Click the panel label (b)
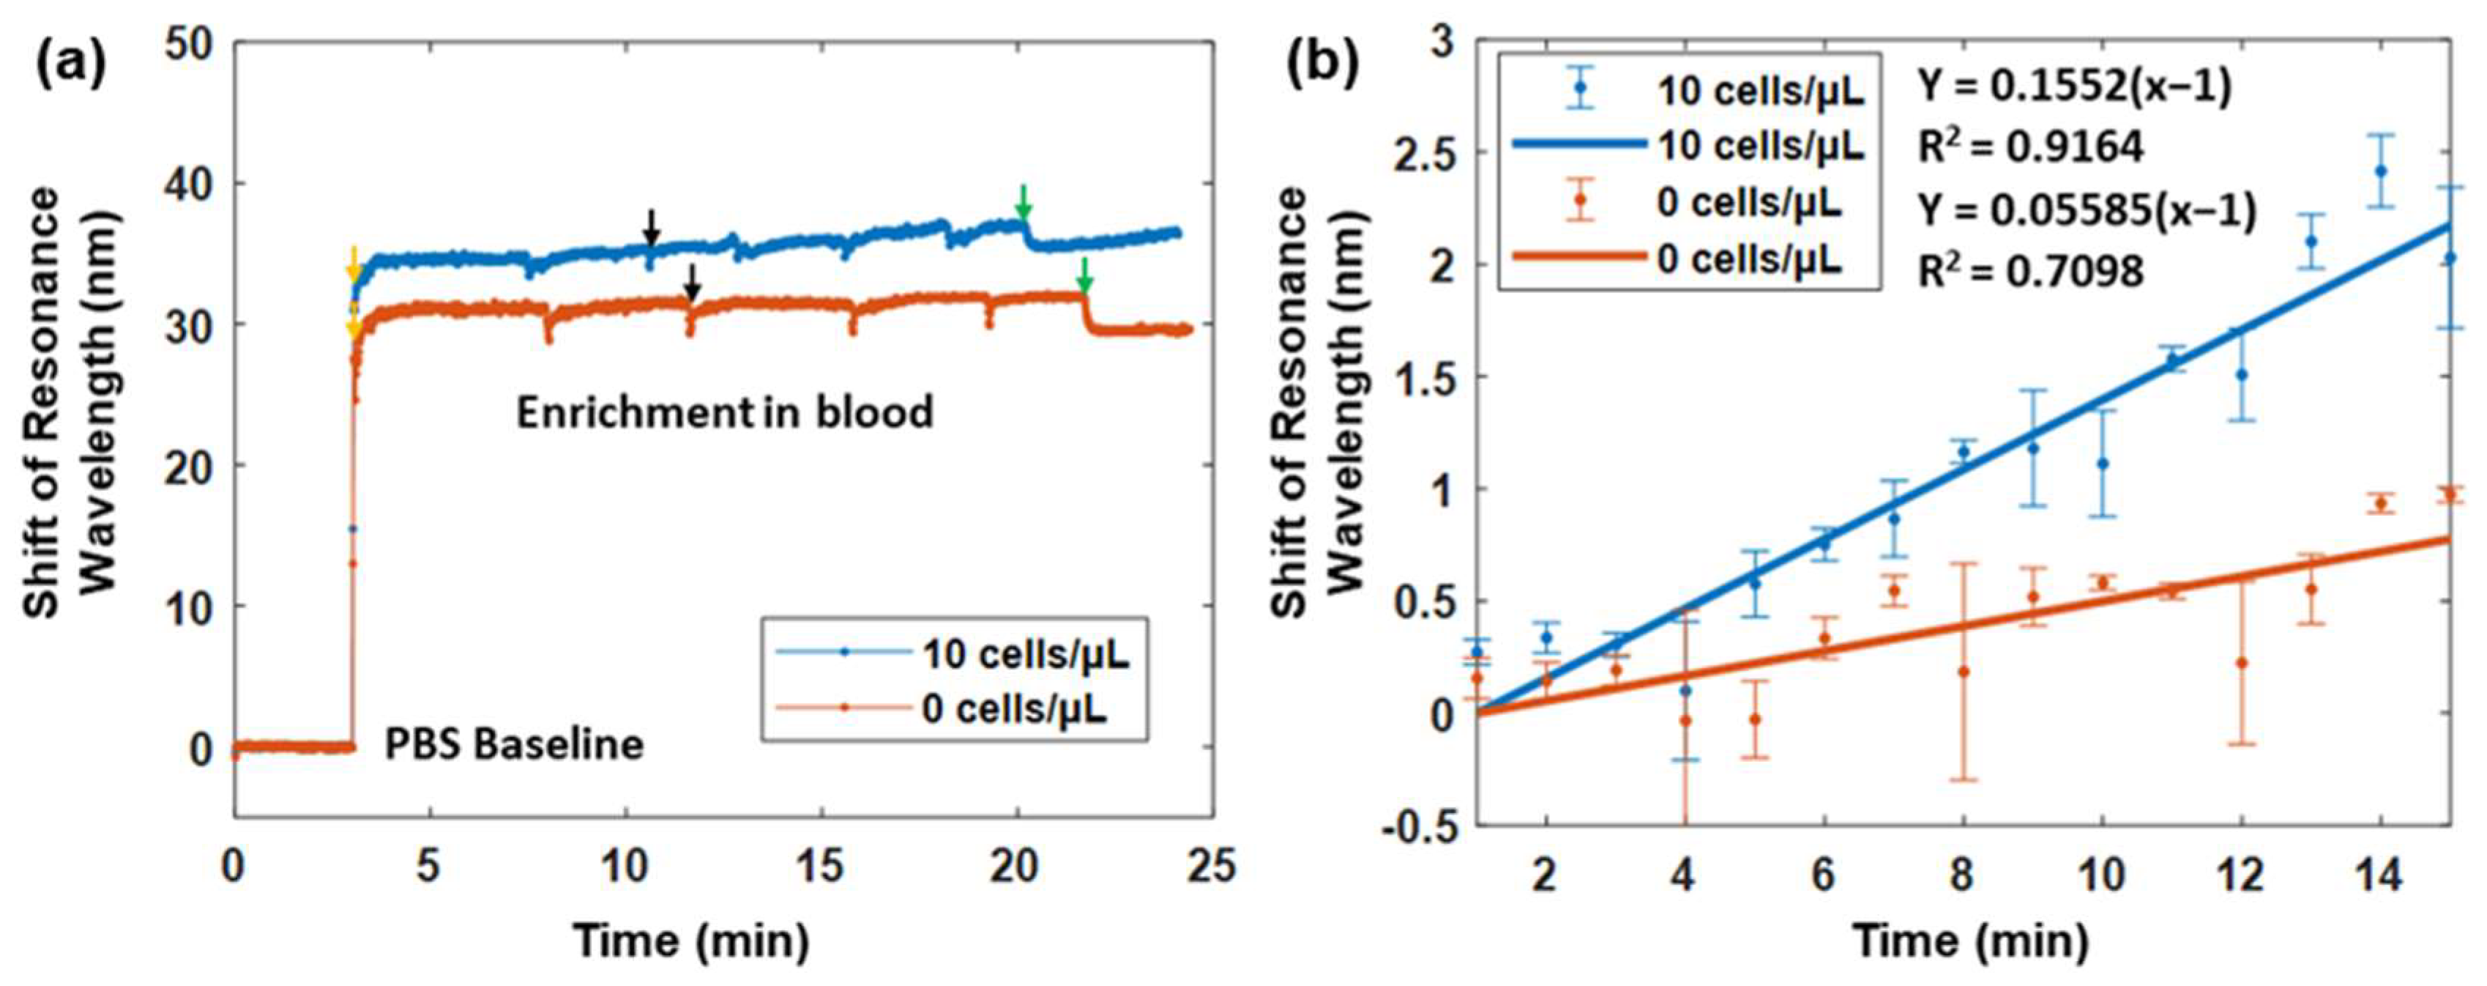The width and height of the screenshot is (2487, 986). pyautogui.click(x=1324, y=66)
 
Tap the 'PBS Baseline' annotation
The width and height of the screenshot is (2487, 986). pyautogui.click(x=514, y=744)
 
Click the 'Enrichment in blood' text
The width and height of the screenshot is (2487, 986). pyautogui.click(x=724, y=413)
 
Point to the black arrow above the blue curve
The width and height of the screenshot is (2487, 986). pyautogui.click(x=652, y=227)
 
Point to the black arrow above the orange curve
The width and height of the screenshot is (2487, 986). pyautogui.click(x=691, y=283)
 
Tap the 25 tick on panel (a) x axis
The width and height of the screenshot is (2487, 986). pyautogui.click(x=1211, y=867)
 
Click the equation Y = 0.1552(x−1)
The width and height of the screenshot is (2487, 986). pyautogui.click(x=2074, y=87)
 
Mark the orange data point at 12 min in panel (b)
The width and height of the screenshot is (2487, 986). pyautogui.click(x=2242, y=662)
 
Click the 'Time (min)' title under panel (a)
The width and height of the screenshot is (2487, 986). pyautogui.click(x=691, y=938)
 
